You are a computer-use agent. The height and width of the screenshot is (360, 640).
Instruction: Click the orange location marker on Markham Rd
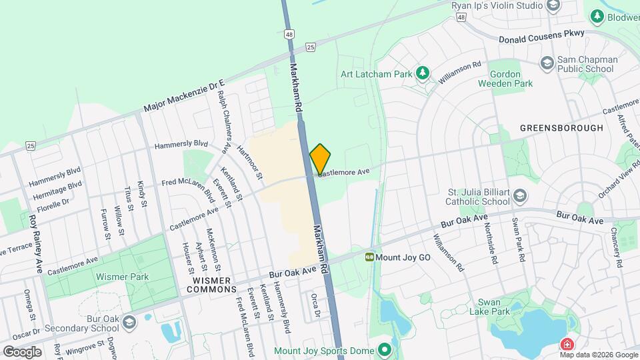(x=320, y=158)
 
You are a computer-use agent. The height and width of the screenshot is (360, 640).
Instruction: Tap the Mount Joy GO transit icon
(x=369, y=256)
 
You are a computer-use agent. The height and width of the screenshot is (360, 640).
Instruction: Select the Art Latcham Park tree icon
(x=421, y=73)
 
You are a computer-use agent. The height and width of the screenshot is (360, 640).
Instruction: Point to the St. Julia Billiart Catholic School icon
(x=520, y=197)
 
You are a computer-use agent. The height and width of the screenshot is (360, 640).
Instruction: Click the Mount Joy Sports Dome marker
(x=384, y=349)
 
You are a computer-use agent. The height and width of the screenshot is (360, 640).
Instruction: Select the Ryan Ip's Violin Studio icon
(x=552, y=6)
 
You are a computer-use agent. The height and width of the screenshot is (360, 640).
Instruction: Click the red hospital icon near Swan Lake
(x=567, y=345)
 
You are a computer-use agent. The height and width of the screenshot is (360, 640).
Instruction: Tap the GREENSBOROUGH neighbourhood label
(x=561, y=128)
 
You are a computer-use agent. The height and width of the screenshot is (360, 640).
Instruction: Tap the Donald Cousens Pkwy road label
(x=541, y=33)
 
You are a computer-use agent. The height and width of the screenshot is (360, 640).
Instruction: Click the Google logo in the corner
(x=22, y=351)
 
